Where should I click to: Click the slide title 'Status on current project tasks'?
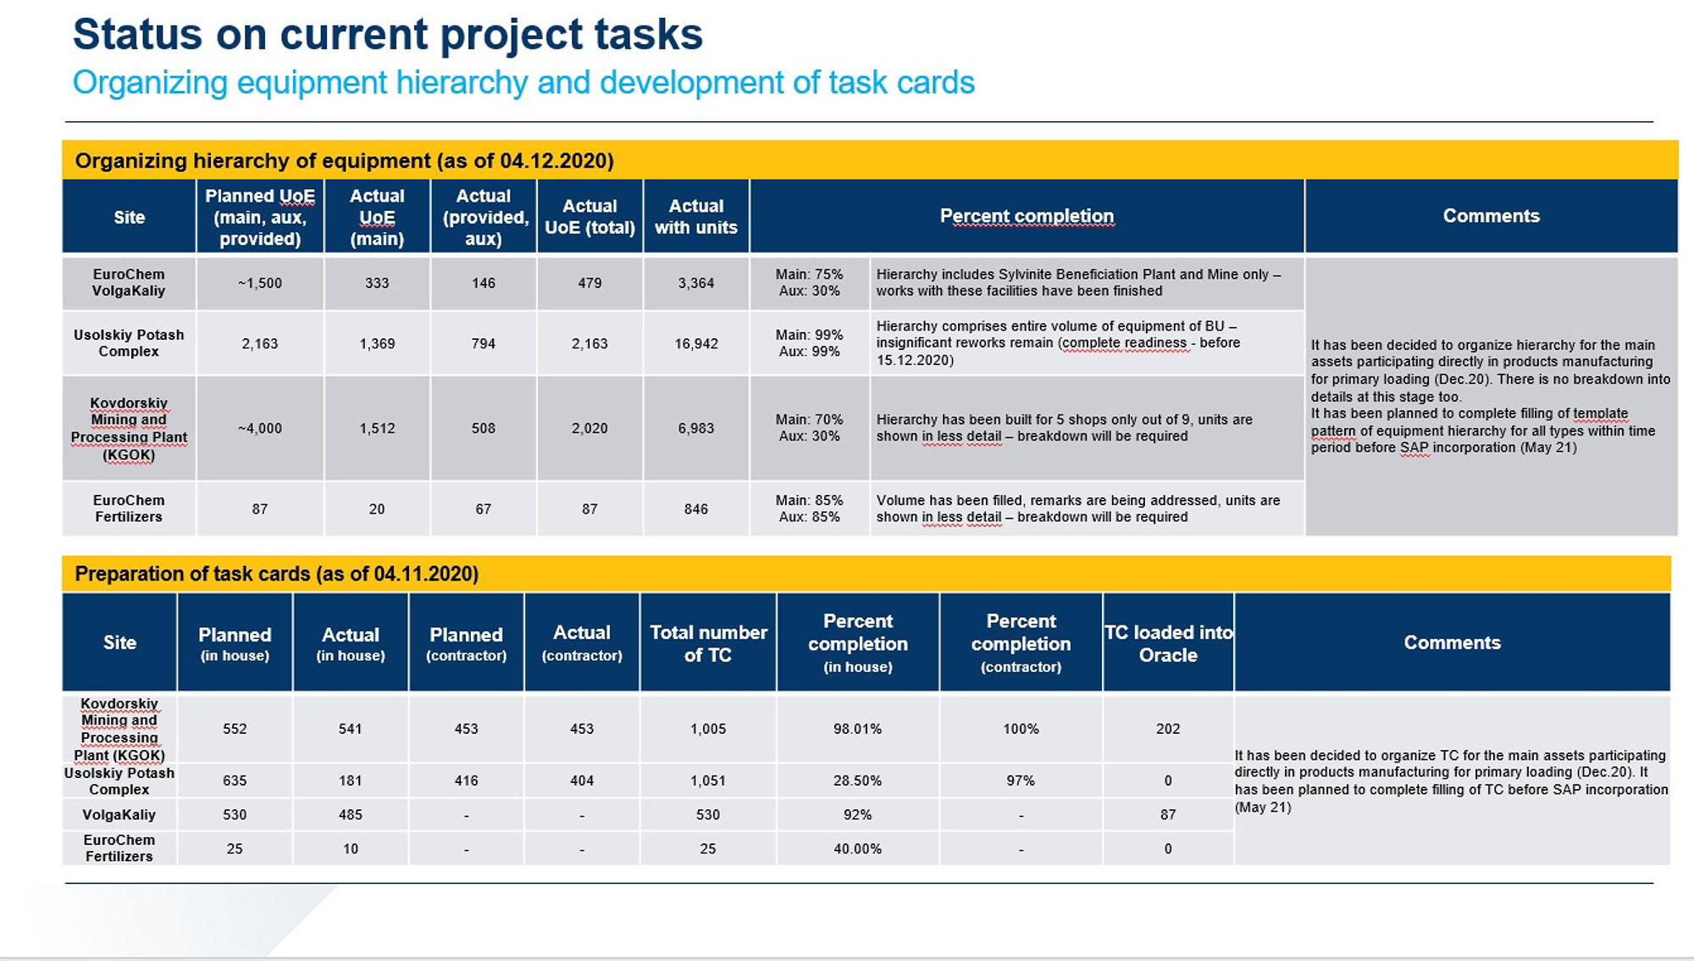[x=387, y=35]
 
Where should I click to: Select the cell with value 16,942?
[x=695, y=343]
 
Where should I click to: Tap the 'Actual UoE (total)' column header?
[x=590, y=217]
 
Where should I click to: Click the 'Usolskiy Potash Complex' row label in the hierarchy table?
[x=129, y=343]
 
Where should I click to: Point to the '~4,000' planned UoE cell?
[x=259, y=428]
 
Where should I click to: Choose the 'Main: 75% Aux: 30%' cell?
[x=809, y=283]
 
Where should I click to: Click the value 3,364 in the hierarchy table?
[x=695, y=283]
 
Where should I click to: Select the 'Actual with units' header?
[x=695, y=217]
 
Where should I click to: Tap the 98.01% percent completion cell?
[x=857, y=729]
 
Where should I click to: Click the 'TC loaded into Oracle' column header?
[x=1168, y=643]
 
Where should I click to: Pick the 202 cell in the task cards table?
[x=1168, y=729]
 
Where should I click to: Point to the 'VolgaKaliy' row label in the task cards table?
[x=119, y=814]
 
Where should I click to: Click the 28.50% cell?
[x=857, y=780]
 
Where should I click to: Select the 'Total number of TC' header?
[x=708, y=643]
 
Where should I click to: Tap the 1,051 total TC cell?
[x=708, y=780]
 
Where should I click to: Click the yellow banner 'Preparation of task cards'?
[x=277, y=574]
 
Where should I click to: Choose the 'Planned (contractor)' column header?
[x=466, y=643]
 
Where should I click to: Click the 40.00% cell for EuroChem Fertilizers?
[x=857, y=848]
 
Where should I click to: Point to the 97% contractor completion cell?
[x=1021, y=780]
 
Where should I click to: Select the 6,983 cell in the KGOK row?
[x=695, y=428]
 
